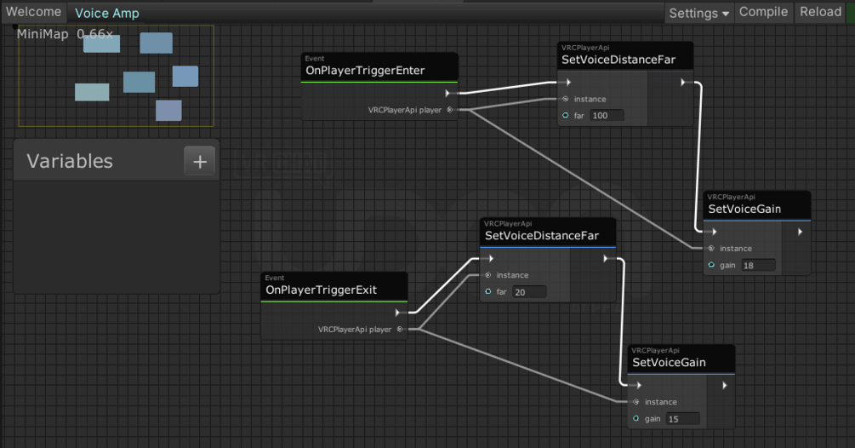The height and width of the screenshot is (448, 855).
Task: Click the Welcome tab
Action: coord(34,12)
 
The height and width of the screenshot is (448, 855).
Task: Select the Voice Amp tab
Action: coord(106,13)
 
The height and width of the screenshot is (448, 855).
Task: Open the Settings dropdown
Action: coord(698,13)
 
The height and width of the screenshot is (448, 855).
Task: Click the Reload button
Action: coord(820,12)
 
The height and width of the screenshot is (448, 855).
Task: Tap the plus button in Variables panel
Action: coord(200,161)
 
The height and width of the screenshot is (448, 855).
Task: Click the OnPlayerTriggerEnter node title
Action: coord(365,71)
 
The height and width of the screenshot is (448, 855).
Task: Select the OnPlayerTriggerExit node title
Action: coord(322,290)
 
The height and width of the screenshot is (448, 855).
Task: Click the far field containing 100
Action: coord(607,115)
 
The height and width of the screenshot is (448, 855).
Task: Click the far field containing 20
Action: coord(528,291)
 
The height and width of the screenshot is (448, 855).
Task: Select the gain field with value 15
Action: coord(682,418)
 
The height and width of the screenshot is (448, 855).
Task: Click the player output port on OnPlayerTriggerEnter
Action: coord(449,110)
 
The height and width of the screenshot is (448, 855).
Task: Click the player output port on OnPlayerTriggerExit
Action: coord(399,329)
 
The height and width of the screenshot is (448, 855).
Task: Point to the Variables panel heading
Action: coord(70,161)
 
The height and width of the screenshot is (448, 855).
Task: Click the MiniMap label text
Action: coord(43,34)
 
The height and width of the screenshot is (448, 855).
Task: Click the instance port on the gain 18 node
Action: coord(711,249)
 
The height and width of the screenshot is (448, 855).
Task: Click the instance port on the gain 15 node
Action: coord(636,402)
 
